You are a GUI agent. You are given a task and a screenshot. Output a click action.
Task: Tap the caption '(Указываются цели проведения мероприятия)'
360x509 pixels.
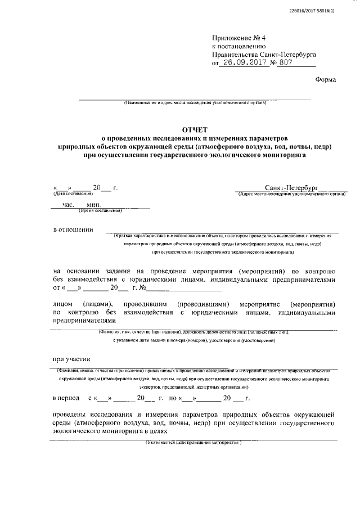click(x=193, y=443)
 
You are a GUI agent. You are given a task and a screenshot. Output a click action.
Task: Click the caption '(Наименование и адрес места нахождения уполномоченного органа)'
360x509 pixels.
click(x=195, y=103)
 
